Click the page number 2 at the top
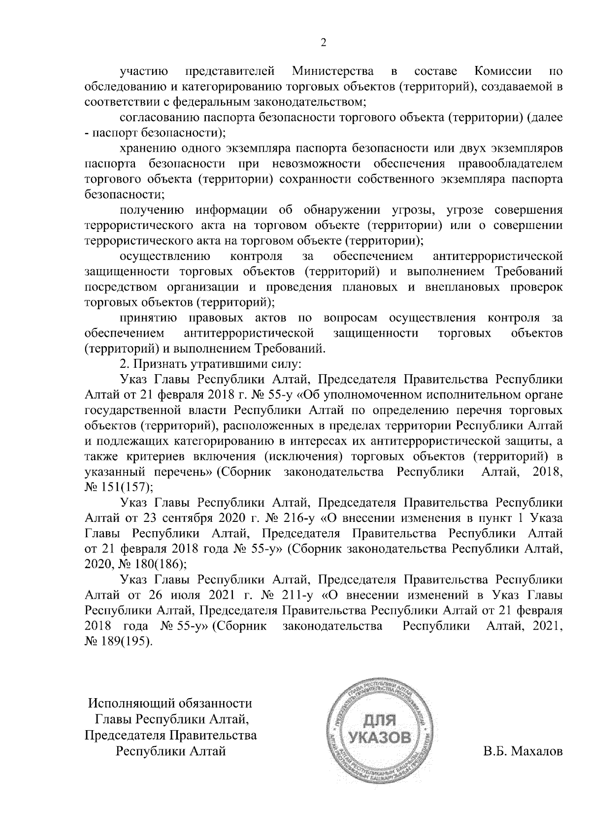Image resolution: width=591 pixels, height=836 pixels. [324, 43]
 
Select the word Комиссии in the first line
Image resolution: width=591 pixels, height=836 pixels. [502, 72]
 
